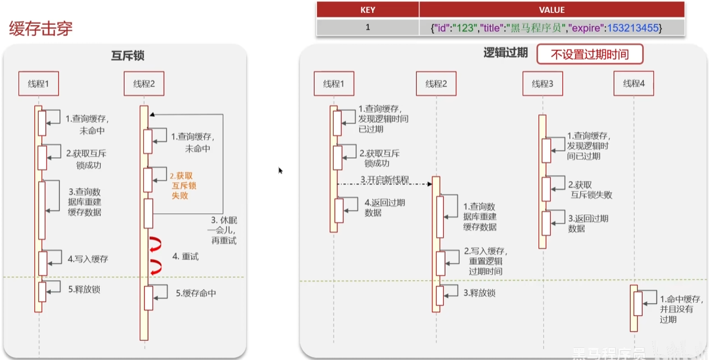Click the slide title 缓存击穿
(x=41, y=29)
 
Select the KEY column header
(x=367, y=10)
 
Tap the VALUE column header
(x=551, y=10)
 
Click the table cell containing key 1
(x=367, y=27)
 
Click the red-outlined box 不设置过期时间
(x=590, y=55)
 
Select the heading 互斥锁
(x=128, y=56)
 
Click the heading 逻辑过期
(x=505, y=53)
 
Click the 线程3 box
(x=542, y=84)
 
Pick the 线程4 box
(x=634, y=84)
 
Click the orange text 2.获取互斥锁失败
(x=183, y=186)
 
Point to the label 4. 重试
(x=185, y=256)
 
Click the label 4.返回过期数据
(x=385, y=208)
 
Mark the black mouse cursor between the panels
(x=280, y=170)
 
